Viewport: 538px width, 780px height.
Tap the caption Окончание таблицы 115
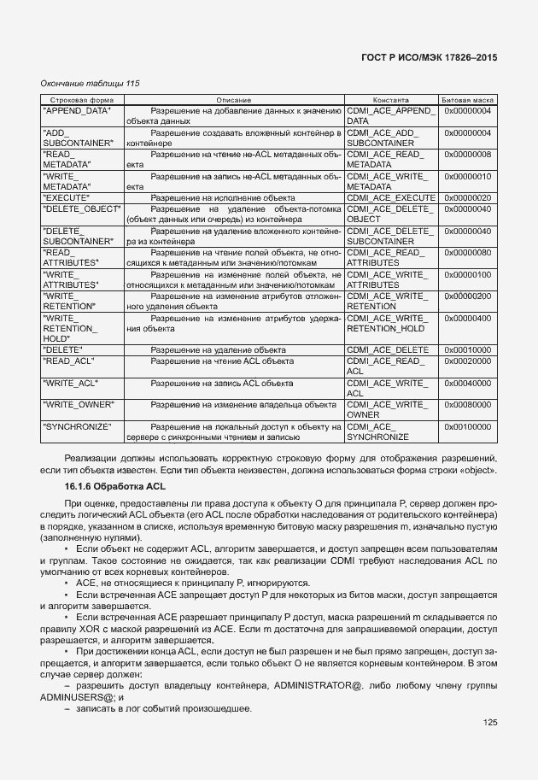pos(89,83)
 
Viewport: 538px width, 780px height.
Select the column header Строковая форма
pos(73,100)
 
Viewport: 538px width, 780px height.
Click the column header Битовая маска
pos(467,100)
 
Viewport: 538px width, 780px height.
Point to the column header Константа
pos(391,100)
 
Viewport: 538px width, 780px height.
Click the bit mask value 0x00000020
pos(467,197)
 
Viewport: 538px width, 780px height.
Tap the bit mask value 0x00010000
pos(467,349)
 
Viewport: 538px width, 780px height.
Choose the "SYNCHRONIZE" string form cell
pos(78,425)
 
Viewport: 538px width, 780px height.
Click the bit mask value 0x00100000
pos(467,425)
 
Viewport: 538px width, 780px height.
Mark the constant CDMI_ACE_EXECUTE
pos(391,197)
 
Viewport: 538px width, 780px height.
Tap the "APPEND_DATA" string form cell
pos(77,111)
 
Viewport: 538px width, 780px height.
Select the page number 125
pos(488,723)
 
